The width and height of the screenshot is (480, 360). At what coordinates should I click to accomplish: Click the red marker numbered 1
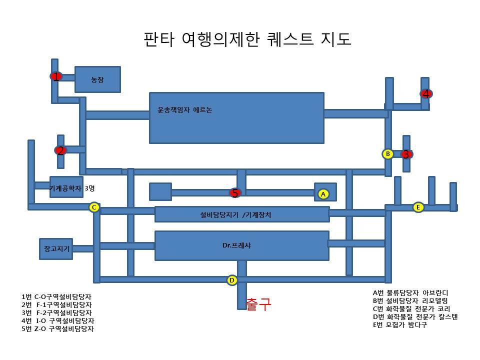tap(56, 76)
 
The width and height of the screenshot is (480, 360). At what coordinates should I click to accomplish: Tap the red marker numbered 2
tap(60, 150)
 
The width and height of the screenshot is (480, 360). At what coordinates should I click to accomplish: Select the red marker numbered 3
tap(406, 154)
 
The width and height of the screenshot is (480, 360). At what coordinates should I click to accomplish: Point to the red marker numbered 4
tap(426, 93)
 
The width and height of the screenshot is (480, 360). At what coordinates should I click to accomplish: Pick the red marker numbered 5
tap(235, 193)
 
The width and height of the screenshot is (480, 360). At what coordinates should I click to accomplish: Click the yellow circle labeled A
tap(323, 194)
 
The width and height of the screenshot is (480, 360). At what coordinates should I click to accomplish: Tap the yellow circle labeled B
tap(387, 154)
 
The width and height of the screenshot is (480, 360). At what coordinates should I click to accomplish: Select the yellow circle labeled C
tap(94, 207)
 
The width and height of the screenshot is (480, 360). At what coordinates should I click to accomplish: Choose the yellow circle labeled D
tap(232, 280)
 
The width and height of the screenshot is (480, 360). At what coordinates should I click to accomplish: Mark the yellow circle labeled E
tap(418, 207)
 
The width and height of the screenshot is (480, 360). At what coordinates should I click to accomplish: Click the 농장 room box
tap(97, 79)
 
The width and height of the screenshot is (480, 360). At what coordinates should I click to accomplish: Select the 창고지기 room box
tap(56, 248)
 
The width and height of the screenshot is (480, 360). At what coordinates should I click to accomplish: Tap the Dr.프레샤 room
tap(241, 245)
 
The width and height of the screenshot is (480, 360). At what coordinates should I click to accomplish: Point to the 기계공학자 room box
tap(66, 187)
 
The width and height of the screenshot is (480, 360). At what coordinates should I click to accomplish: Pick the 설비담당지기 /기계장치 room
tap(241, 214)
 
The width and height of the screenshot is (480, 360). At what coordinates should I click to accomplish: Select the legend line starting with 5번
tap(58, 329)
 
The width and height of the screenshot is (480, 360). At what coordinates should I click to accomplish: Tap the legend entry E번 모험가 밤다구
tap(400, 325)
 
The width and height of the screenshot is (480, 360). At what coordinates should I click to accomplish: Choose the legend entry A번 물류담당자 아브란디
tap(410, 293)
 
